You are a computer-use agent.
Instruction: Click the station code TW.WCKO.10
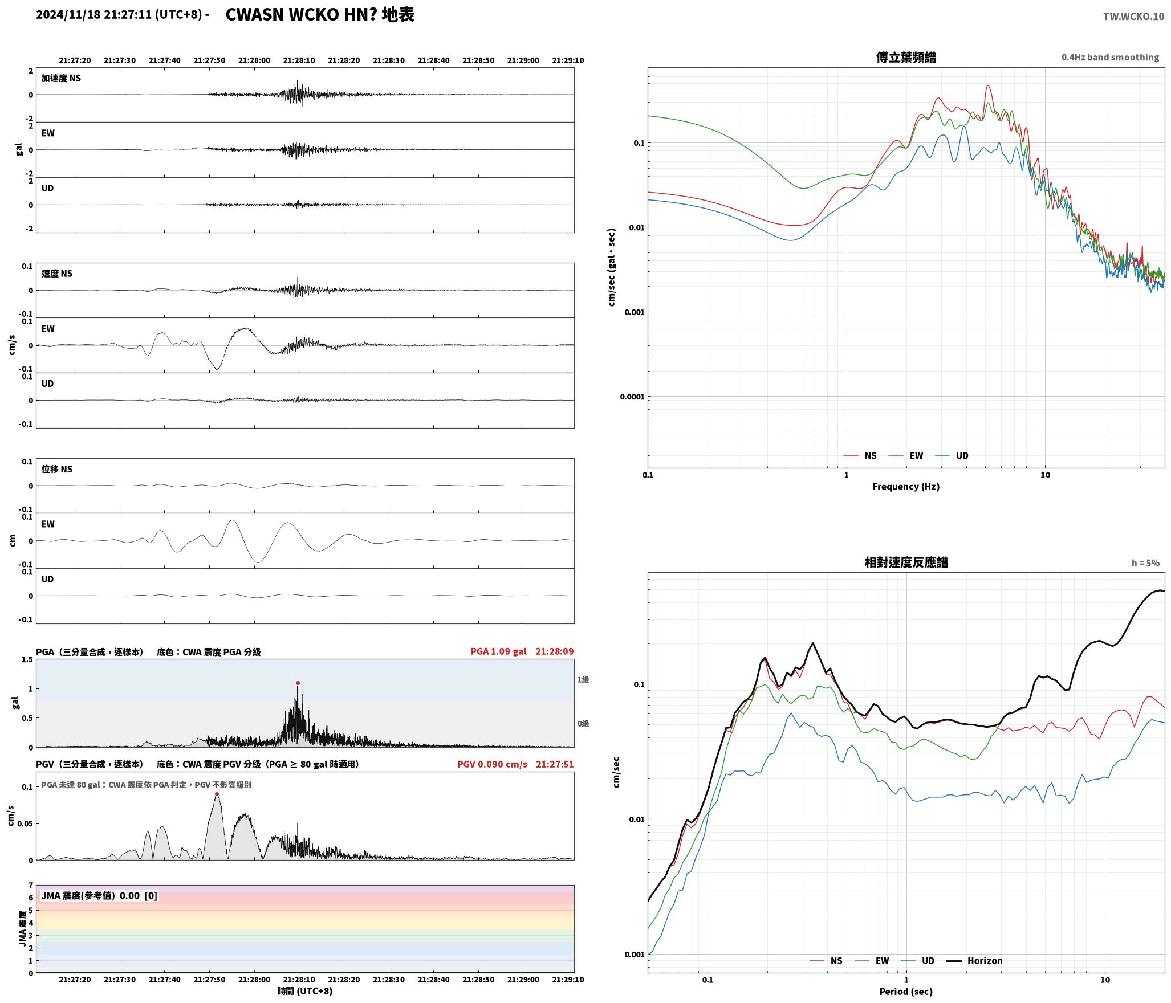[1133, 17]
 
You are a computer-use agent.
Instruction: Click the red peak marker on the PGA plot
[298, 683]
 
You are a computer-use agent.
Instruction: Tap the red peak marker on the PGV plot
[217, 794]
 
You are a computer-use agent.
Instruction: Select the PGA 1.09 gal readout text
[498, 651]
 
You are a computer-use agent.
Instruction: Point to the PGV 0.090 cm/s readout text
[492, 764]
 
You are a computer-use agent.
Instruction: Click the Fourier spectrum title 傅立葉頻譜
[906, 58]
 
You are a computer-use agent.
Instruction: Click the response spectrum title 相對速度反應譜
[906, 562]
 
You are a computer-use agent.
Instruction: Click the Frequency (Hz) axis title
[906, 487]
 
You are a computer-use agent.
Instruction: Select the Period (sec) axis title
[906, 992]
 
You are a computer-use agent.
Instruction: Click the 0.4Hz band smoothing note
[1110, 58]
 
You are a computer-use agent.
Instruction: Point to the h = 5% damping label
[1145, 563]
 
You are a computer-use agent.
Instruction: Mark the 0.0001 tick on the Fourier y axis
[632, 397]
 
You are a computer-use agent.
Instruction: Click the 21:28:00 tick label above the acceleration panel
[254, 60]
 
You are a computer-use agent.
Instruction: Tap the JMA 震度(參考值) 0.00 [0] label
[99, 896]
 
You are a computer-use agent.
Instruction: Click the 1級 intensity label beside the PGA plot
[583, 680]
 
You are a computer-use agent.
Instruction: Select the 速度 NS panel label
[57, 274]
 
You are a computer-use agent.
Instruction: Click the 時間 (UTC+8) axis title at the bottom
[305, 991]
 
